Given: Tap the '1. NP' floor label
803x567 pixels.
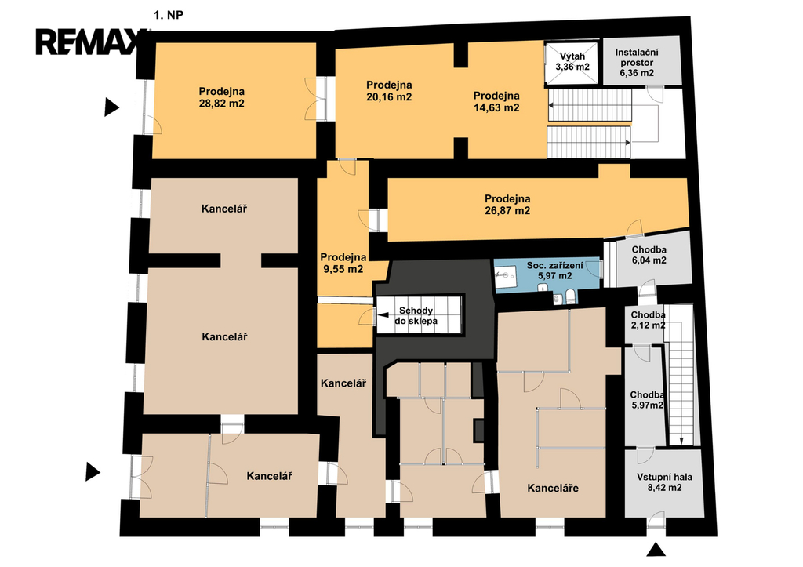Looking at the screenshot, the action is pos(169,16).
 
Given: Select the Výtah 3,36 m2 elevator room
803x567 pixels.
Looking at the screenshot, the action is pos(572,62).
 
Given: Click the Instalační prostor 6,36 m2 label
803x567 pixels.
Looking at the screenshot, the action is pos(637,63).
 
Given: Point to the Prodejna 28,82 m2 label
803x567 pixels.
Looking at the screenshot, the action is pos(222,97).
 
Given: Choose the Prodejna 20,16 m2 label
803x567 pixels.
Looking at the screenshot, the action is pos(389,91).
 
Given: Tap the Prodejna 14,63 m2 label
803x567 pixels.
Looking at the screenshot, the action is pos(496,101).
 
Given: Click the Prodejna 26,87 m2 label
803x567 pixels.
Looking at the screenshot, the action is pos(507,205).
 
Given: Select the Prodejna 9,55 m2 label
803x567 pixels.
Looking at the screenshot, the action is pos(343,263).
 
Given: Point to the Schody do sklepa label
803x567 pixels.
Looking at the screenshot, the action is pos(416,315).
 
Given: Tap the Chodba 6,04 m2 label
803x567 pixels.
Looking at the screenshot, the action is pos(649,255).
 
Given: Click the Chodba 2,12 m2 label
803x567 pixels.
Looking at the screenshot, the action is pos(648,320).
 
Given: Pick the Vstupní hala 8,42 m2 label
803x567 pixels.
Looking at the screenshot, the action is pos(664,482).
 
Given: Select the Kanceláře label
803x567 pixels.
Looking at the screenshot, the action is pos(553,488).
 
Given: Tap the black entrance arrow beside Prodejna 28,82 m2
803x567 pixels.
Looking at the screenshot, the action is pos(111,107).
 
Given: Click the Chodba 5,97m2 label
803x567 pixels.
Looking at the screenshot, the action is pos(647,400).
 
